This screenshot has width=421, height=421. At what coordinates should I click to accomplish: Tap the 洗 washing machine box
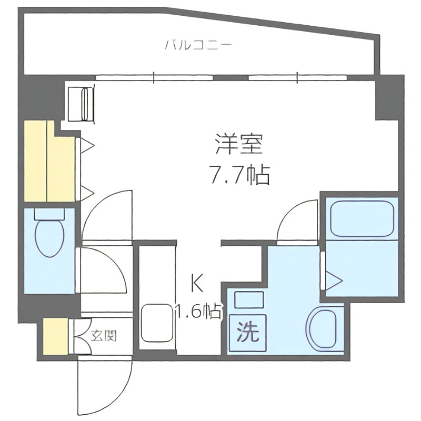[x=247, y=333]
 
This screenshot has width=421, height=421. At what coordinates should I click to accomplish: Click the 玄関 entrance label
[x=103, y=335]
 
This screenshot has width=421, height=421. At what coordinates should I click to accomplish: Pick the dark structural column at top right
[x=388, y=97]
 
